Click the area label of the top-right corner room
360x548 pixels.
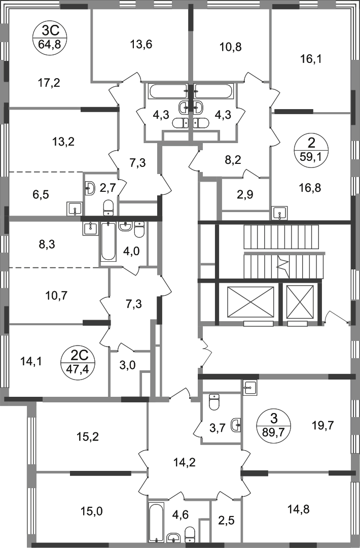(x=310, y=59)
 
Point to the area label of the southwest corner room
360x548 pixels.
(x=94, y=510)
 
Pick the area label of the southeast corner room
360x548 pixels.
(x=300, y=509)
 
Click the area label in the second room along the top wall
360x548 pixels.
(x=141, y=45)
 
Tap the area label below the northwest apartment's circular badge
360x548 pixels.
(x=50, y=83)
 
